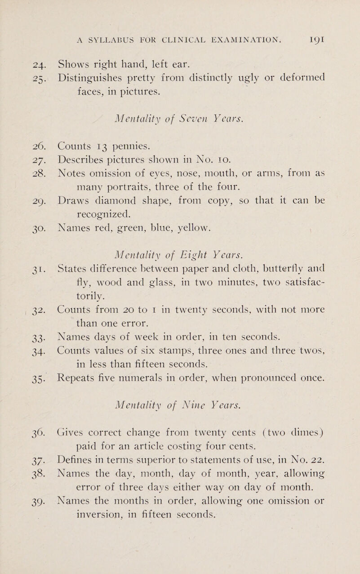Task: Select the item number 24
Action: click(x=20, y=57)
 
